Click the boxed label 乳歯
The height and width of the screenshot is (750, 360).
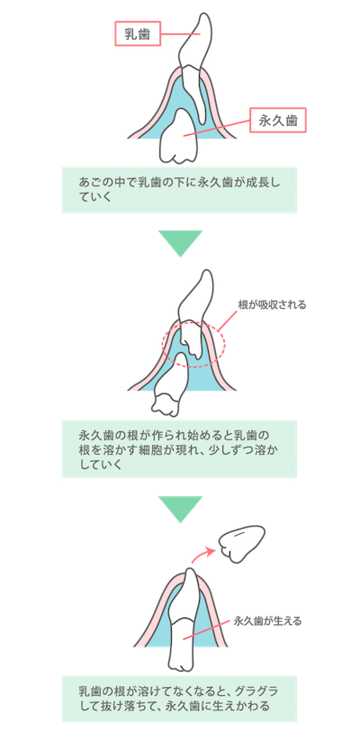137,34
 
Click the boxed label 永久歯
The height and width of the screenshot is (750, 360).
278,120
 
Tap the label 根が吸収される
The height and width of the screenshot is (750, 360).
272,304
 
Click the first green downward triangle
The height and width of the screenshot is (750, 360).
180,243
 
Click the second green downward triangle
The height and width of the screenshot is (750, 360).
180,509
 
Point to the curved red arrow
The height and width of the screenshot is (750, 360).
202,554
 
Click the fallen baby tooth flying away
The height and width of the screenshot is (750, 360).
241,544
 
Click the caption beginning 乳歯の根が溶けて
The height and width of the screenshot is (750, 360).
179,699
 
